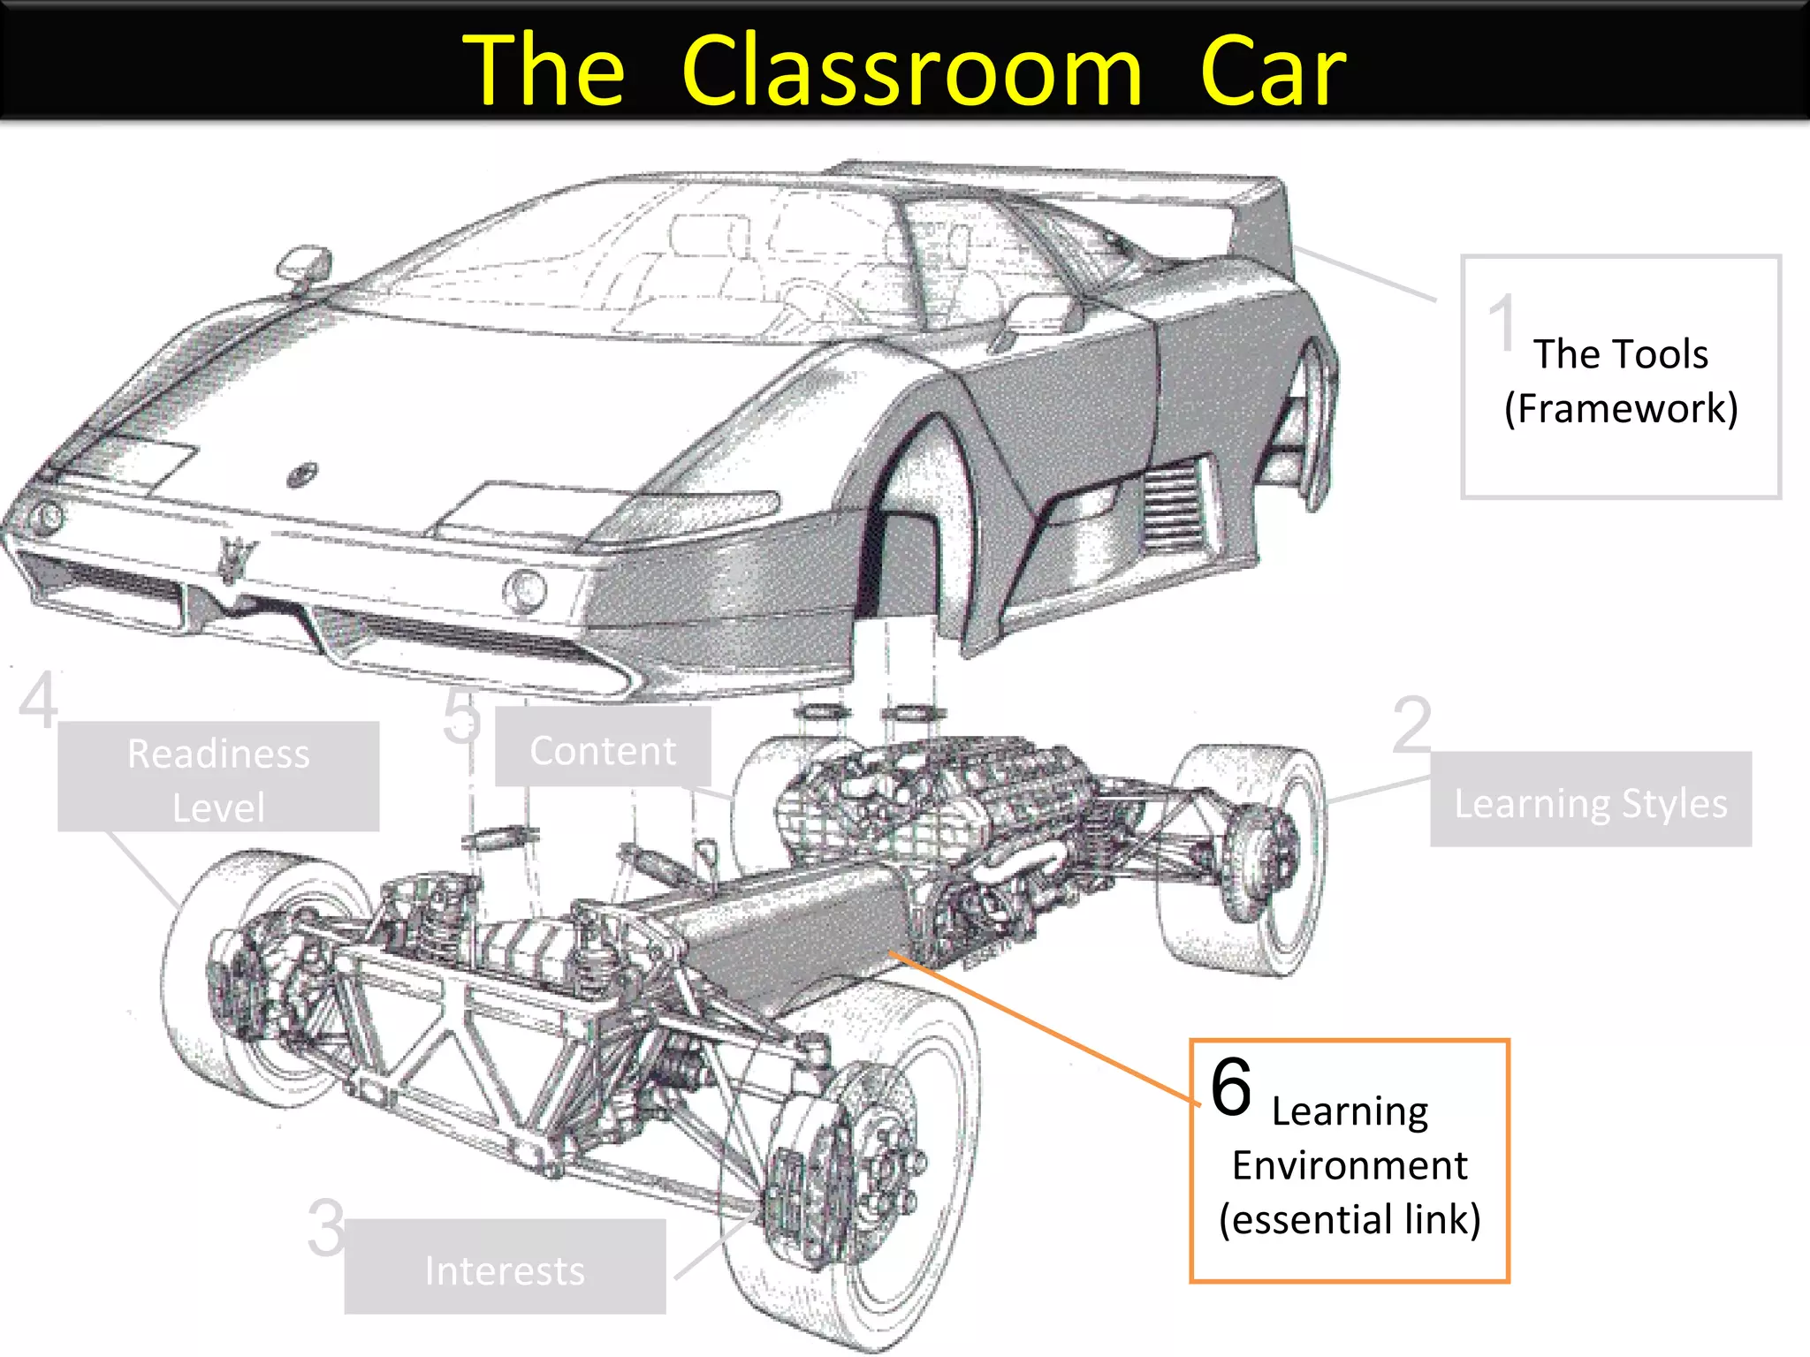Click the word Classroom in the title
(x=912, y=71)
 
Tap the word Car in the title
(x=1273, y=71)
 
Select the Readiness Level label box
(x=218, y=777)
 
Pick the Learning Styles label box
(x=1591, y=800)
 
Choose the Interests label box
(x=505, y=1267)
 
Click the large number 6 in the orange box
(x=1231, y=1087)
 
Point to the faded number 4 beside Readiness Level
(x=39, y=700)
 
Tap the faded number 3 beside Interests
(x=326, y=1227)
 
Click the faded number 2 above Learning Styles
(x=1411, y=724)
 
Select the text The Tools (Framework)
(x=1621, y=381)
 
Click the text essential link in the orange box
(x=1350, y=1219)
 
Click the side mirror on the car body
(x=305, y=265)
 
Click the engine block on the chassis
(x=919, y=795)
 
